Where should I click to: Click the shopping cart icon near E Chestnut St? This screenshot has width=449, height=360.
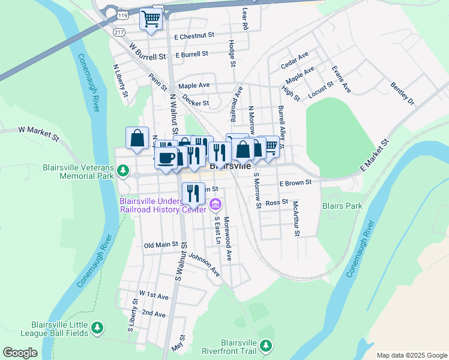pos(151,19)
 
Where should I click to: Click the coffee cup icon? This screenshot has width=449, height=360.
pos(166,158)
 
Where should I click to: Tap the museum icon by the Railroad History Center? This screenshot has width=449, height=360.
pos(215,206)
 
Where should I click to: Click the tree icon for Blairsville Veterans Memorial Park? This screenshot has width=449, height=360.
pos(123,172)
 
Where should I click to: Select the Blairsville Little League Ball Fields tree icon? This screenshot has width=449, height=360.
pos(96,328)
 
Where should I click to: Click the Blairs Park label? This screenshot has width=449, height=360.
pos(342,206)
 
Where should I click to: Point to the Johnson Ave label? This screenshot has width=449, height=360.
pos(204,263)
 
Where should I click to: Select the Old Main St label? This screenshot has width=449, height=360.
pos(161,245)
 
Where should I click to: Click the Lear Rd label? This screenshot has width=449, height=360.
pos(244,18)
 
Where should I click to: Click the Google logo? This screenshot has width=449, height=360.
pos(20,353)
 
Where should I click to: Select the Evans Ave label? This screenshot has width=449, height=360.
pos(341,79)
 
